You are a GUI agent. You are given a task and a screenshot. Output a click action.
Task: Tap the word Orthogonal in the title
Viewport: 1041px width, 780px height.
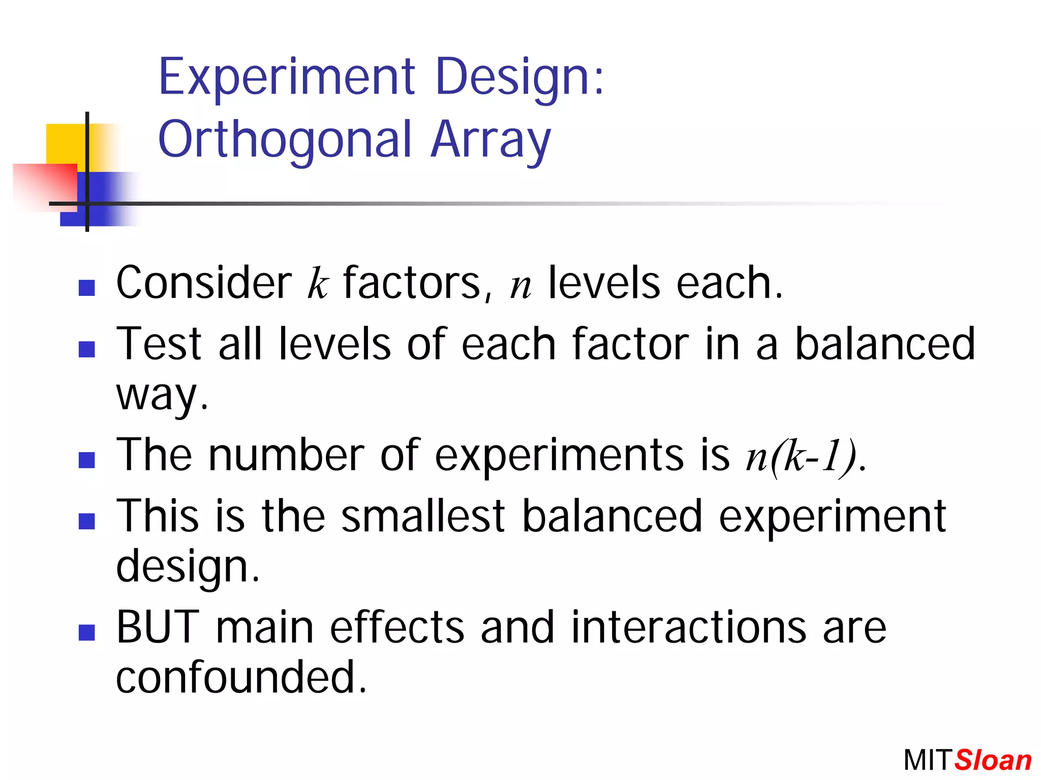(285, 140)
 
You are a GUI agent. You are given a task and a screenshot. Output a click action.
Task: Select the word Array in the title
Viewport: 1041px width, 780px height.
(491, 140)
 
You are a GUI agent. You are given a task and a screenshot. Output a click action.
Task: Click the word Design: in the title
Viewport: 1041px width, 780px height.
(520, 77)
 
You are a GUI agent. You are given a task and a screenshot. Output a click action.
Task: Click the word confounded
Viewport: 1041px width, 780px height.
(240, 677)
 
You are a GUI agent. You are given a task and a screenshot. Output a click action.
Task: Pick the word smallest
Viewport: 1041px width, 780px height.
(423, 517)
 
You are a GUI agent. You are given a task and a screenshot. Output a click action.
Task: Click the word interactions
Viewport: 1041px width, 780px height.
(689, 627)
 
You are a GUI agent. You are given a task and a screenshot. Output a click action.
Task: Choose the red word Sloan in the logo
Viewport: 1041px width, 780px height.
(993, 761)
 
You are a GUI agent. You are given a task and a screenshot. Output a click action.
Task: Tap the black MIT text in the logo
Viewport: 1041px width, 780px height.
(926, 761)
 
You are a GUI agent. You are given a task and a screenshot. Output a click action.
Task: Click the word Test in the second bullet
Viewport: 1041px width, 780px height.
(159, 344)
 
